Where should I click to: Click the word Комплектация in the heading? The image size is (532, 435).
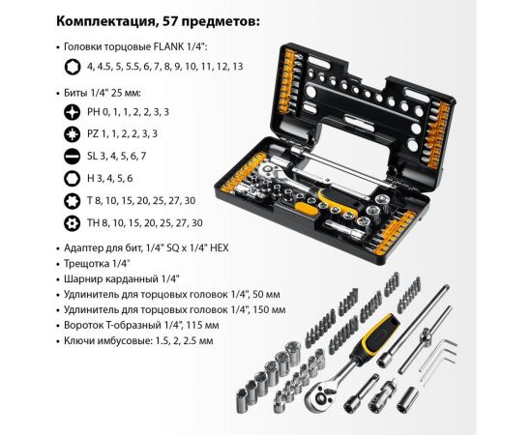(103, 20)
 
